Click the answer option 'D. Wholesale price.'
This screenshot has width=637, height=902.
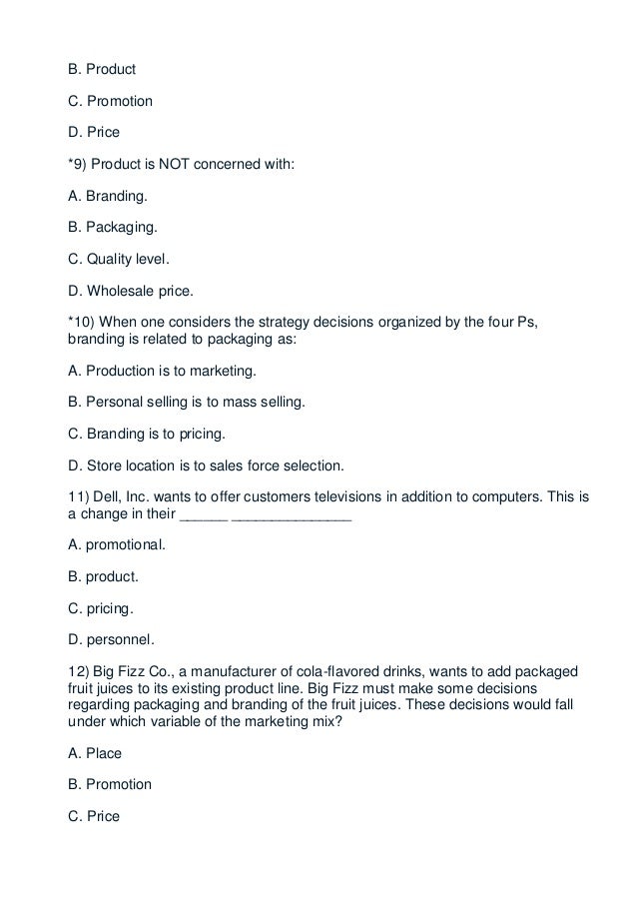(125, 291)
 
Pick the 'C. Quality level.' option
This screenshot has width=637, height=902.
(113, 260)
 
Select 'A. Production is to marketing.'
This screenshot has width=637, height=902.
(156, 371)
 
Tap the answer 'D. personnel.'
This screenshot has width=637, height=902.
(105, 638)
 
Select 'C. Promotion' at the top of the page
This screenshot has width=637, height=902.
(104, 101)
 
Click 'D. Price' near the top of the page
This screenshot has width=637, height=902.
(89, 132)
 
